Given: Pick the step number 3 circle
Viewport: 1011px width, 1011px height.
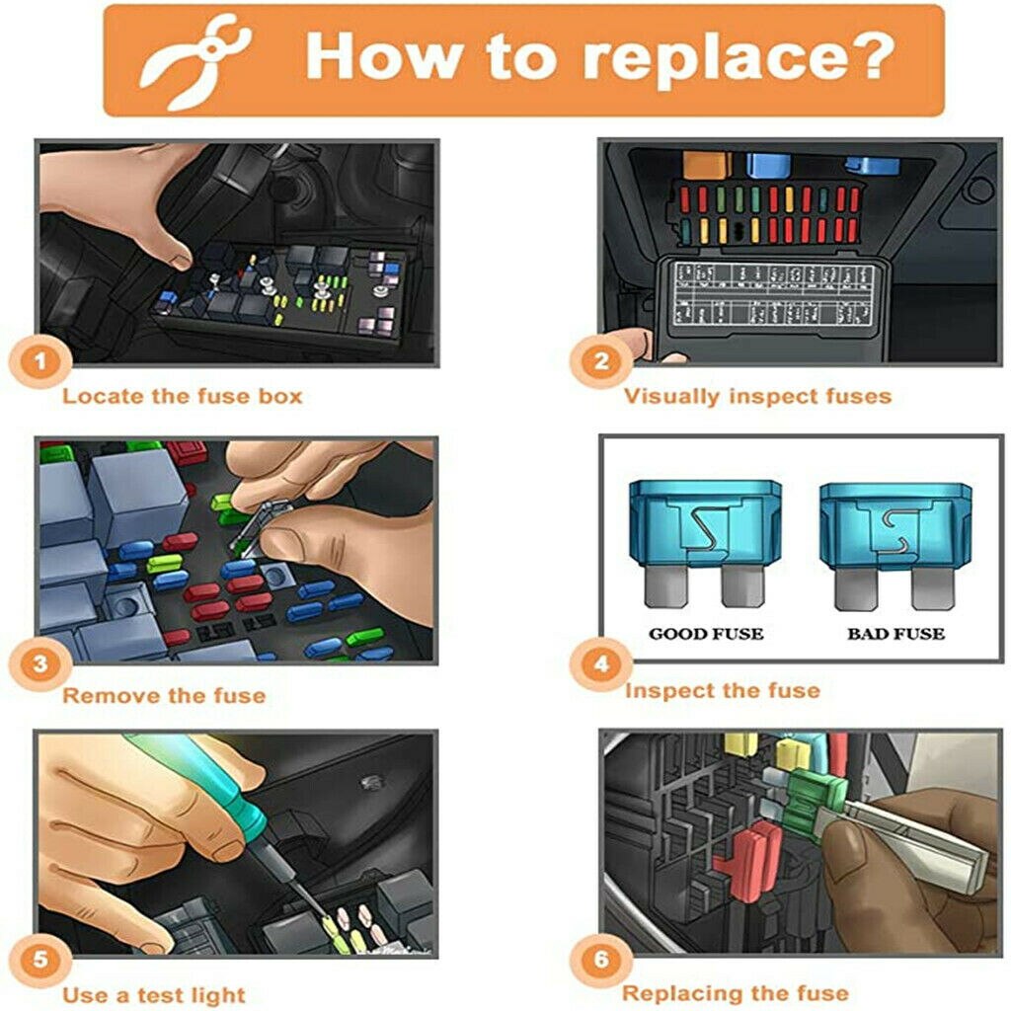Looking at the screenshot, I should pos(40,662).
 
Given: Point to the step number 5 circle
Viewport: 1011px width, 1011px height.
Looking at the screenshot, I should pos(40,961).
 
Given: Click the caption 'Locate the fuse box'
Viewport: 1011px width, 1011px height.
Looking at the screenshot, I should pos(182,397).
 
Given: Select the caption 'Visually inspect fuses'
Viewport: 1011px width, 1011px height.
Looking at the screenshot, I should pos(757,397).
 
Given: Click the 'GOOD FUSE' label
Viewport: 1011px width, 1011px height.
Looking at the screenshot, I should pos(706,633).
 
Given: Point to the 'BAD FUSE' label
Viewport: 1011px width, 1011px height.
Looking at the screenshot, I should pos(895,633).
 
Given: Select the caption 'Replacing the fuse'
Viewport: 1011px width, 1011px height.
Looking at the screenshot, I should pos(736,992).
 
